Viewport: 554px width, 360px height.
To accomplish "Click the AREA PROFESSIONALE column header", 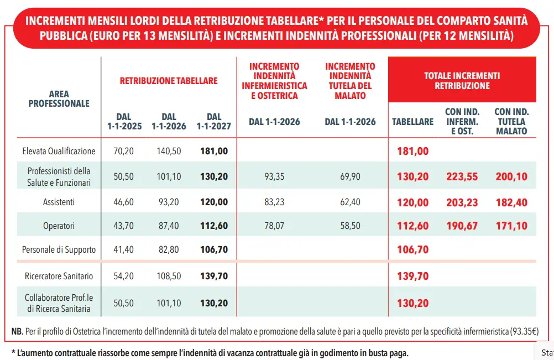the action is (59, 98).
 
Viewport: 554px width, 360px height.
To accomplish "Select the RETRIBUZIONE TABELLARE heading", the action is (169, 81).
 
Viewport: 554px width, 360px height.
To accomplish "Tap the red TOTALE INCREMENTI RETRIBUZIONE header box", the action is (462, 80).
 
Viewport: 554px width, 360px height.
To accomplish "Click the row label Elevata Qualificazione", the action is (59, 151).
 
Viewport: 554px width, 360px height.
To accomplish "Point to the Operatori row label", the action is (59, 226).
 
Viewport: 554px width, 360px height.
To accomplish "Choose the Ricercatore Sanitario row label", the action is (59, 276).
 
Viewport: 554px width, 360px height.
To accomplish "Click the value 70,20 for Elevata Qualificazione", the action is (124, 151).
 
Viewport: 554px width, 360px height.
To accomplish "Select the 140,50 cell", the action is (169, 151).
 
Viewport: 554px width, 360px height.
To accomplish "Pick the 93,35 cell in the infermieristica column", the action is (274, 176).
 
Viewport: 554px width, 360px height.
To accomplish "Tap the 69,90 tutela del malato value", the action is (350, 176).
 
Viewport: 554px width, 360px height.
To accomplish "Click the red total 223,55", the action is (462, 176).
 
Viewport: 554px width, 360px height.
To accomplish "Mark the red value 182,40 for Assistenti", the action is (511, 202).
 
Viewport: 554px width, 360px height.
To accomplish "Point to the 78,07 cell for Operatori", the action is (274, 226).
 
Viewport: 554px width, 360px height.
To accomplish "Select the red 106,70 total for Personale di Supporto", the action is (412, 250).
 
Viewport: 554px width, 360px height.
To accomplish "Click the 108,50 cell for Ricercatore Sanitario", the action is (169, 276).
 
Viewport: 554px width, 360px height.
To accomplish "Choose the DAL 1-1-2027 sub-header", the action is (214, 122).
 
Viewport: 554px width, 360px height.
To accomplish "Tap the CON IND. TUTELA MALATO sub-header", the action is (511, 122).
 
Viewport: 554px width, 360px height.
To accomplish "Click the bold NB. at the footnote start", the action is (17, 331).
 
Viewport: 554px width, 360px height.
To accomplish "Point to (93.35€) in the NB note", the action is (524, 331).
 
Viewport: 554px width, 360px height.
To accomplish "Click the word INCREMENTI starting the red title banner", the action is (55, 21).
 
